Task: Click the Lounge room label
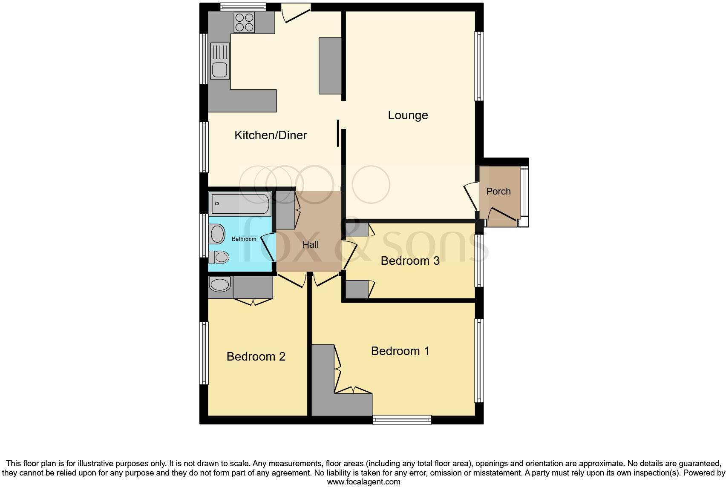click(x=408, y=115)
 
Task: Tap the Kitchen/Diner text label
click(x=271, y=135)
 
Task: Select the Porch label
click(x=498, y=191)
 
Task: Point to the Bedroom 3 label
click(x=410, y=261)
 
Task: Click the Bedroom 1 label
click(x=400, y=351)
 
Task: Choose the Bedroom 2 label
click(x=256, y=356)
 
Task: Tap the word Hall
click(x=311, y=245)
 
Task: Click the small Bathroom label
click(x=244, y=239)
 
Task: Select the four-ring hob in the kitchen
click(x=244, y=22)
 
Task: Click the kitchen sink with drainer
click(x=219, y=61)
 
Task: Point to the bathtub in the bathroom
click(x=240, y=203)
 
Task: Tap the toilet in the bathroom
click(x=219, y=257)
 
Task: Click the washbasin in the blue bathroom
click(x=217, y=234)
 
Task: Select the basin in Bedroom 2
click(x=220, y=284)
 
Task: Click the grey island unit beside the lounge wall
click(x=330, y=66)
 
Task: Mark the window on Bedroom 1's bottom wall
click(x=402, y=420)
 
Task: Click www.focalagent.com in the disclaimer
click(x=363, y=482)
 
